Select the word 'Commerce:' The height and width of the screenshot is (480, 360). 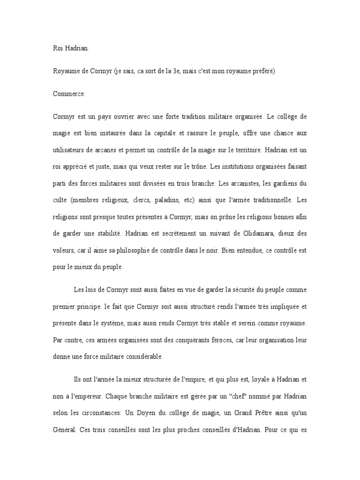(x=69, y=94)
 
